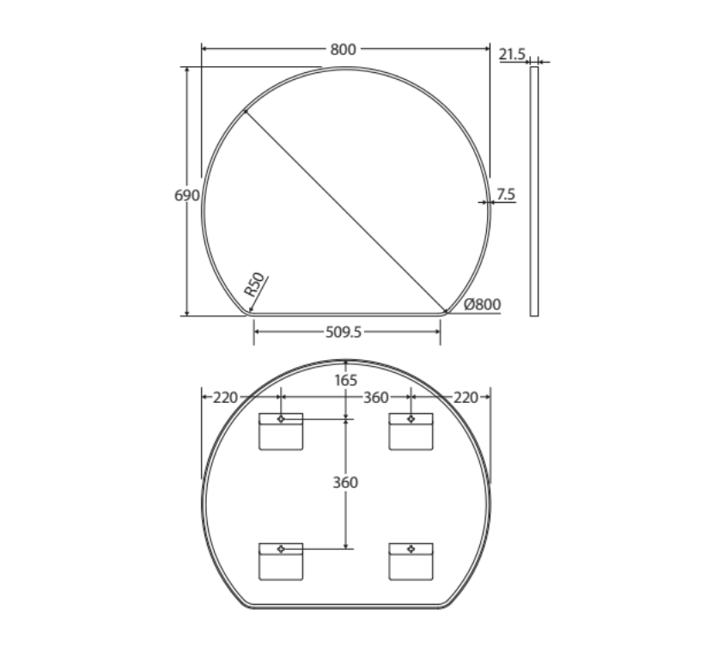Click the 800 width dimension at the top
(x=343, y=49)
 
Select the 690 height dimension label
(x=186, y=195)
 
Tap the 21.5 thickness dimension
(x=512, y=54)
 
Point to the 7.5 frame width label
(x=506, y=194)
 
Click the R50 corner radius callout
(x=255, y=285)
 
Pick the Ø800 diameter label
(x=482, y=303)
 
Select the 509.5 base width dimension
(x=348, y=330)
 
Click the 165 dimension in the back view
(x=345, y=379)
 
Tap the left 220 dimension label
(x=225, y=397)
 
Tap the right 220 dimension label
(x=465, y=397)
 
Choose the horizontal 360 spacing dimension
(x=374, y=397)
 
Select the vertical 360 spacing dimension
(x=345, y=483)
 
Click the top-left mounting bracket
(x=282, y=431)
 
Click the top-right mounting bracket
(x=411, y=431)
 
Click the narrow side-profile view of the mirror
(x=534, y=192)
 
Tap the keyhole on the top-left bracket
(x=281, y=418)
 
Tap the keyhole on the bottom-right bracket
(x=411, y=548)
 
